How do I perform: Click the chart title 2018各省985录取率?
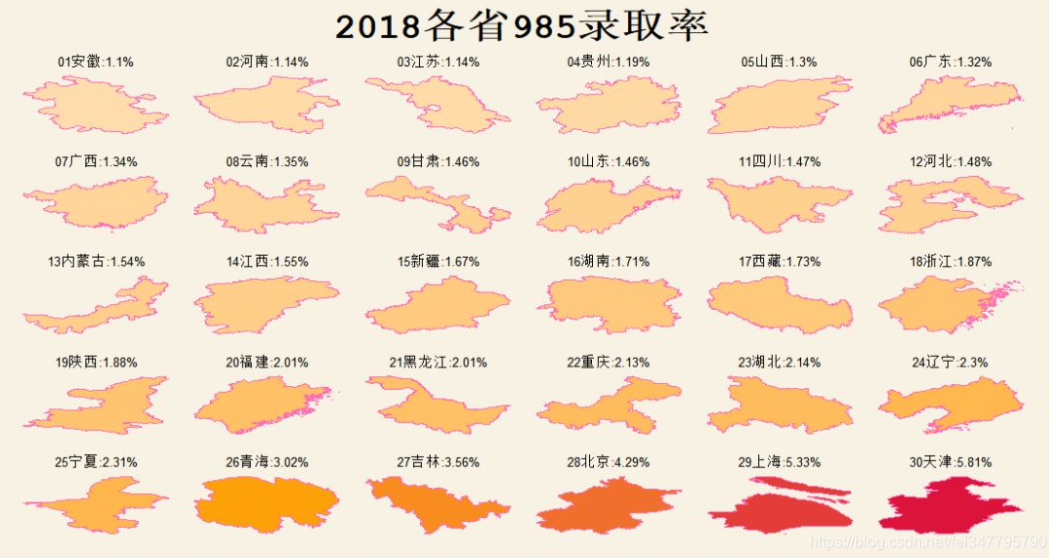pos(522,26)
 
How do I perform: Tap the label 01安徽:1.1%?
pos(96,62)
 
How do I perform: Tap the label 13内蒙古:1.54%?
pos(96,262)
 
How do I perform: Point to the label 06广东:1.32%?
pos(950,62)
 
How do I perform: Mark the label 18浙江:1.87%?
pos(950,262)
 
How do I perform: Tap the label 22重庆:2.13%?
pos(608,363)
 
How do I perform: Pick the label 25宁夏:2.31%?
pos(96,462)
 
